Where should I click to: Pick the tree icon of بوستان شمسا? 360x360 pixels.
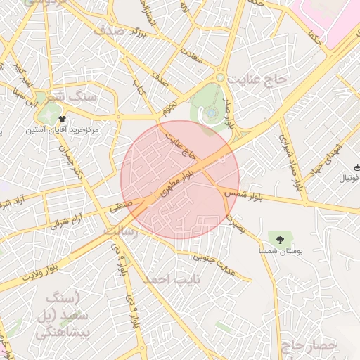pos(281,238)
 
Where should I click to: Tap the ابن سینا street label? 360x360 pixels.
pos(23,91)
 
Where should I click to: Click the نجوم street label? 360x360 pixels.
pos(169,108)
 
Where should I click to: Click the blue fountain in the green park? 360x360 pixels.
pos(211,112)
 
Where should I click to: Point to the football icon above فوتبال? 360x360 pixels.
pos(358,167)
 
